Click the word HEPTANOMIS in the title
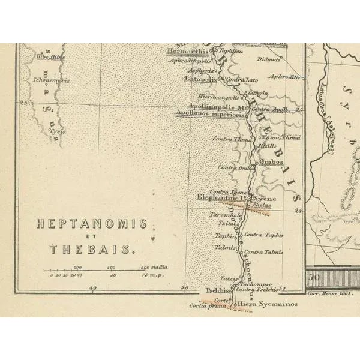coord(91,224)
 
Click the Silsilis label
coord(266,146)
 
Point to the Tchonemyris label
coord(52,80)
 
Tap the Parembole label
coord(225,214)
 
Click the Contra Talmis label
coord(263,252)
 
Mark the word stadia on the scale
coord(159,267)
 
